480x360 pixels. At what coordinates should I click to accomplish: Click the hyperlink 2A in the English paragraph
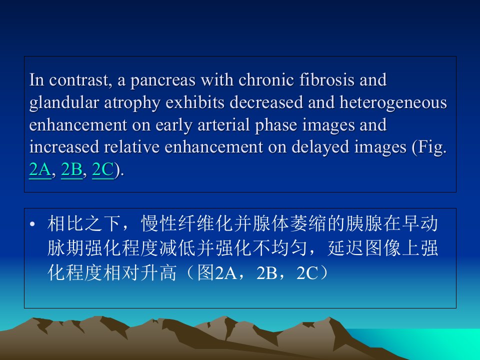tap(40, 169)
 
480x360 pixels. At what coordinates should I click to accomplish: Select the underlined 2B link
tap(72, 169)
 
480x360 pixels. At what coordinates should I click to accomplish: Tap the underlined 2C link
tap(103, 169)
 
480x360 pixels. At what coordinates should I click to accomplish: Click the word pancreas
tap(163, 80)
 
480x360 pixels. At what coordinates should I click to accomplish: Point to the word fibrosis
tap(326, 79)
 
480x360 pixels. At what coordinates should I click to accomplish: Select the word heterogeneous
tap(393, 102)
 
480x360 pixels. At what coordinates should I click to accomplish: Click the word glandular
tap(64, 102)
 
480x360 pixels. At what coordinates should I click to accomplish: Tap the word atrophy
tap(132, 103)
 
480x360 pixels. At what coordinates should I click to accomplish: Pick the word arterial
tap(223, 124)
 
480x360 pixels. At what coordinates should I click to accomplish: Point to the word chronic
tap(266, 79)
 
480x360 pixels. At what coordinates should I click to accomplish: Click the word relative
tap(131, 147)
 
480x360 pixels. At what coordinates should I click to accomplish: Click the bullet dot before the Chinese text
tap(32, 224)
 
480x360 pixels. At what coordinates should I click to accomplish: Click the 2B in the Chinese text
tap(267, 273)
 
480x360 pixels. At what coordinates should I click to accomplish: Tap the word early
tap(174, 125)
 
